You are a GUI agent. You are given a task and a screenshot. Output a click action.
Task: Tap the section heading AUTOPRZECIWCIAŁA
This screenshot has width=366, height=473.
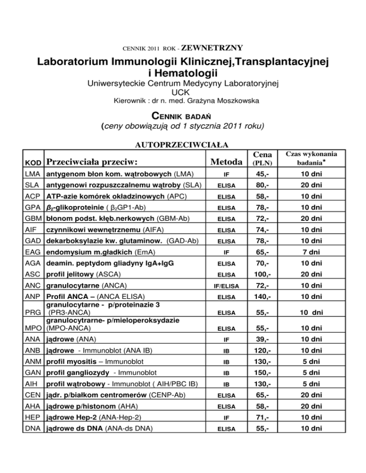click(x=183, y=144)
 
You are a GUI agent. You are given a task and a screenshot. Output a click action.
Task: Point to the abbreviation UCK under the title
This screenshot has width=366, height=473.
click(x=183, y=92)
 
